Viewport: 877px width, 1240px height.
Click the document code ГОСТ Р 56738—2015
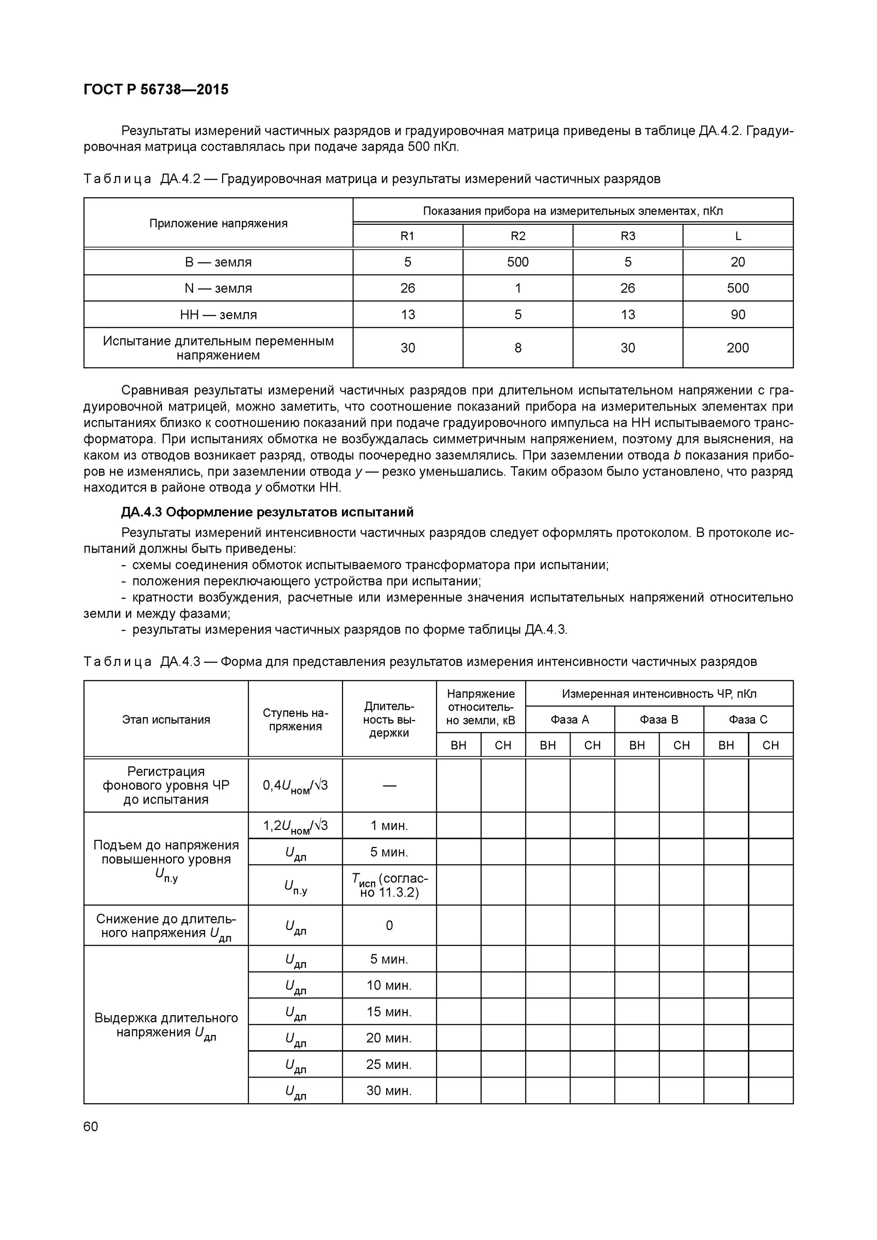156,90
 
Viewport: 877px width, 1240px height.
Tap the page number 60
91,1126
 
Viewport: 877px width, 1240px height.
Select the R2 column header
517,236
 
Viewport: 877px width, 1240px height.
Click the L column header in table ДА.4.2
738,236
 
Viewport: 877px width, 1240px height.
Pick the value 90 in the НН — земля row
738,314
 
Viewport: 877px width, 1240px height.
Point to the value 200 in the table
738,348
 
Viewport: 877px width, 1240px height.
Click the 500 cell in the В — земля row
517,262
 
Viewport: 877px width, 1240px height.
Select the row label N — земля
218,289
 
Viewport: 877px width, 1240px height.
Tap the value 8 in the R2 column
517,348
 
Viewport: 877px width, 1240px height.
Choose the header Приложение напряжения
218,223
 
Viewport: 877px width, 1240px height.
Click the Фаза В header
658,719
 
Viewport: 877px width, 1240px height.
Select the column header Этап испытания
166,719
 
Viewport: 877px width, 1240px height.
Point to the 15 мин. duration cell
389,1011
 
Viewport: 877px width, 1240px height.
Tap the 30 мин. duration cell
389,1090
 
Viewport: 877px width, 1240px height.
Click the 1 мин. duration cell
389,825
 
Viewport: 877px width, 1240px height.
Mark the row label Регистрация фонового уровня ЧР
166,785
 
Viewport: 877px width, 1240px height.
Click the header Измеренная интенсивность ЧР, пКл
659,694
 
